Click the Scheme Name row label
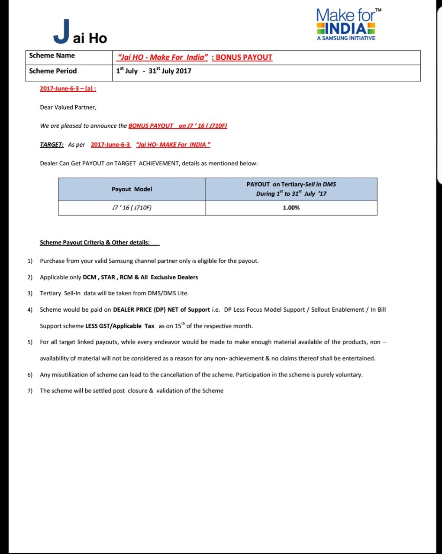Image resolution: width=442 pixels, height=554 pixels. (x=52, y=56)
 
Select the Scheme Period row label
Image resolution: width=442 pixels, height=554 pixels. (x=53, y=71)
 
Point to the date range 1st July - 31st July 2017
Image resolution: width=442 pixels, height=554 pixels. (x=154, y=71)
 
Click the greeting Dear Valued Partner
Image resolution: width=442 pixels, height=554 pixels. (x=68, y=107)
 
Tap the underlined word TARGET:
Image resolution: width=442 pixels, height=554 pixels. (x=52, y=145)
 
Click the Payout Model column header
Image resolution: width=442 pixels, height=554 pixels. (x=132, y=189)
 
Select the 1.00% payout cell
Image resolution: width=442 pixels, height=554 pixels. (x=291, y=208)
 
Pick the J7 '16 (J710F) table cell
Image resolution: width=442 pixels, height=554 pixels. (x=132, y=208)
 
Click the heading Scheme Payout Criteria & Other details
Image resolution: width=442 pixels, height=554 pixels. (x=95, y=243)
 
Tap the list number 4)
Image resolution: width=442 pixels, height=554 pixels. (x=30, y=310)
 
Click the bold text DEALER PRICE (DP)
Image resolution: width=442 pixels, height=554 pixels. (x=139, y=310)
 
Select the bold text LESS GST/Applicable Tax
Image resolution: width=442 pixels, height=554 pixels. (x=120, y=326)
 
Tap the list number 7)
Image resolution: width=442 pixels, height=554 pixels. (x=30, y=391)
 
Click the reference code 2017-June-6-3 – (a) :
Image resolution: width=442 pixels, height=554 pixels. (x=68, y=89)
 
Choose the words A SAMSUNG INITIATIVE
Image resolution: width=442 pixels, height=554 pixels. (x=346, y=38)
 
